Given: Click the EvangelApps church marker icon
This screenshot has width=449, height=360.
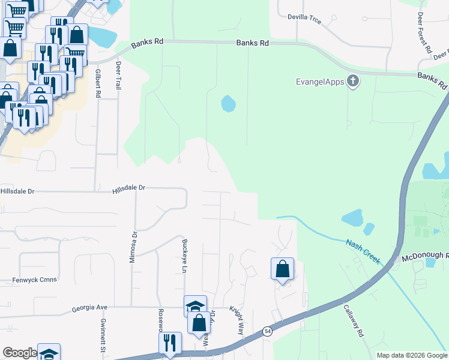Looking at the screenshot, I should pyautogui.click(x=353, y=81).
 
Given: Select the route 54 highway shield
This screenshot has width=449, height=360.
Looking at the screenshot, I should pyautogui.click(x=267, y=331).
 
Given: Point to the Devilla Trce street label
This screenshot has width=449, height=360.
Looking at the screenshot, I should pyautogui.click(x=304, y=20).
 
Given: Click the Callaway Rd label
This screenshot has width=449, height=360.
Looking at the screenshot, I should pyautogui.click(x=354, y=322).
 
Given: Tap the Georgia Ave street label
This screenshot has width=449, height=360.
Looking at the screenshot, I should pyautogui.click(x=89, y=307).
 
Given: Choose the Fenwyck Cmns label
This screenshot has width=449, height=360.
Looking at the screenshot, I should pyautogui.click(x=34, y=280).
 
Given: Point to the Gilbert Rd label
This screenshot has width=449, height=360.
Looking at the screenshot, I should pyautogui.click(x=98, y=83).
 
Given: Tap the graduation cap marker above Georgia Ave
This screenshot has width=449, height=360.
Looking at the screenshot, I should pyautogui.click(x=195, y=306).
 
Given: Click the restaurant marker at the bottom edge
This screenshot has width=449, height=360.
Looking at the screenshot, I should pyautogui.click(x=170, y=343).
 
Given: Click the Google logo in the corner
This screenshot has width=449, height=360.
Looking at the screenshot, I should pyautogui.click(x=19, y=353).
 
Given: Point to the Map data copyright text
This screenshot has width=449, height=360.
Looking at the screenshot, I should pyautogui.click(x=411, y=355).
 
